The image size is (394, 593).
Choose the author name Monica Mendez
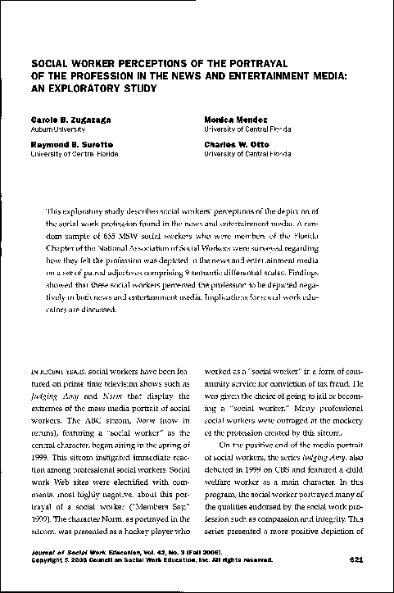(x=235, y=120)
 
